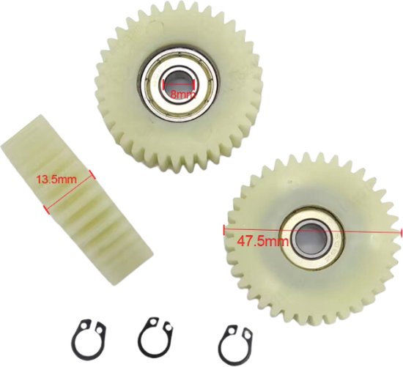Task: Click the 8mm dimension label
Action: pos(180,94)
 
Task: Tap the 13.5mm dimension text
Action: pos(53,178)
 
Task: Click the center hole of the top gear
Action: pos(180,82)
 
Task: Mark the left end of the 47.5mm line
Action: pos(223,227)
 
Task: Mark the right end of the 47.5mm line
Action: pos(401,234)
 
